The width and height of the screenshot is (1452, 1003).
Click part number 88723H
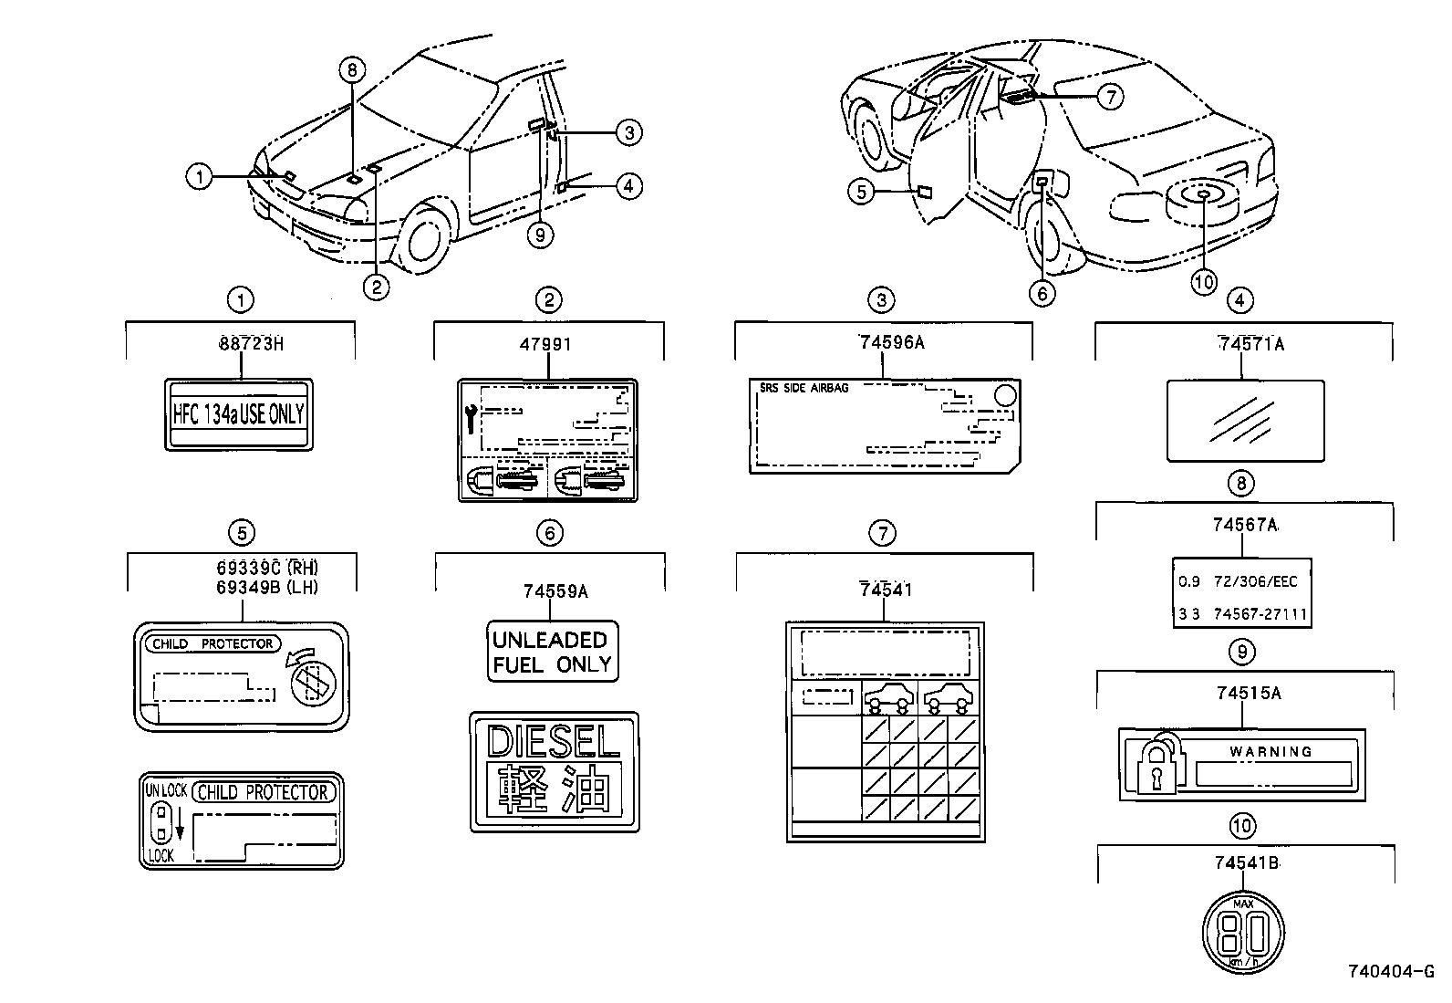tap(251, 344)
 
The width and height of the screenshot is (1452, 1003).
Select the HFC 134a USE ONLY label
tap(239, 414)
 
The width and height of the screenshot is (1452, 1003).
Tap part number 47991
tap(547, 344)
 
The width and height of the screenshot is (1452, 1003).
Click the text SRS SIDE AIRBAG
tap(804, 388)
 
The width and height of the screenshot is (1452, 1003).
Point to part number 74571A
tap(1250, 344)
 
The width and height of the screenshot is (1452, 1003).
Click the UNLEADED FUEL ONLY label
tap(552, 652)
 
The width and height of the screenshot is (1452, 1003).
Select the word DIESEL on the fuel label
tap(554, 741)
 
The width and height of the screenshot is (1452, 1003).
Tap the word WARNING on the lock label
tap(1270, 752)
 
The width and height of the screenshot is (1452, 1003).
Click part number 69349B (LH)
tap(266, 587)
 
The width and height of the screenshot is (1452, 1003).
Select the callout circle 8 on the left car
tap(353, 68)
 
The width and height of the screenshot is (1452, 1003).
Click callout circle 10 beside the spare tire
tap(1204, 282)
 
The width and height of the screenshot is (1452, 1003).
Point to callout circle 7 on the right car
tap(1109, 96)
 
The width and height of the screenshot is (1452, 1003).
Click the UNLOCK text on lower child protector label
tap(165, 790)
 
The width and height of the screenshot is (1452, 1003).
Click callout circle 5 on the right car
tap(861, 192)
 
